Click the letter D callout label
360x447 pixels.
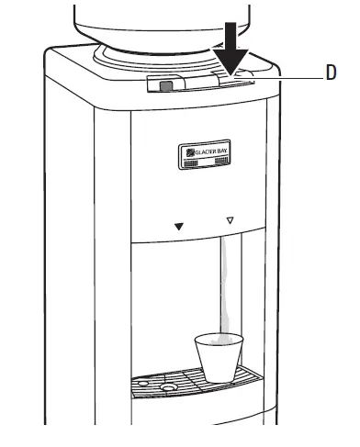(x=332, y=74)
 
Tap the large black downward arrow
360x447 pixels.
(x=233, y=49)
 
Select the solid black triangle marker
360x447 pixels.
(x=179, y=225)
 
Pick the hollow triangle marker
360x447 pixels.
(x=230, y=221)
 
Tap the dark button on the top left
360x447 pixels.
(x=165, y=87)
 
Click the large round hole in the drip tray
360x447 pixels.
(x=169, y=386)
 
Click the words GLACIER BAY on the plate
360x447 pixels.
(x=210, y=151)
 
